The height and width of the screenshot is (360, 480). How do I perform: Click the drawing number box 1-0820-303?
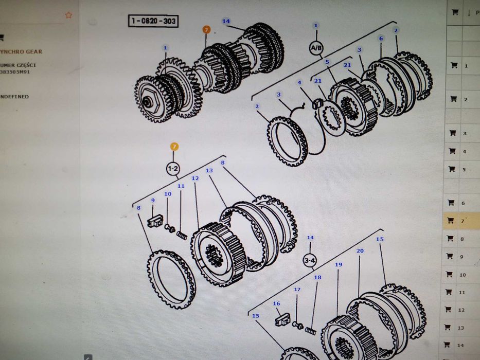(153, 22)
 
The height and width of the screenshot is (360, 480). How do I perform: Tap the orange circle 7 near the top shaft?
(206, 30)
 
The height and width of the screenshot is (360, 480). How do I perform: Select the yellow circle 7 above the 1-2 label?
(174, 147)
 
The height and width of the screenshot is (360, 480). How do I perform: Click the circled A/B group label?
(316, 48)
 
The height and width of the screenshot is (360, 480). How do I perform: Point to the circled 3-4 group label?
(310, 260)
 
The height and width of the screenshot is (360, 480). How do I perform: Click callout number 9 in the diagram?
(152, 200)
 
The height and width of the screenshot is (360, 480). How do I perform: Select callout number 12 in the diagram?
(195, 178)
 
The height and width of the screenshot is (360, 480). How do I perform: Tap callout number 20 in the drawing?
(360, 250)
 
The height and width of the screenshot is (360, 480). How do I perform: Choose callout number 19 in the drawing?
(338, 265)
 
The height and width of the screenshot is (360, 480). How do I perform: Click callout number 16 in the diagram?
(276, 304)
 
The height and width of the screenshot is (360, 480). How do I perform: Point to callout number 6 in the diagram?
(381, 39)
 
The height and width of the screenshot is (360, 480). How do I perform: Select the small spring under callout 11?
(182, 235)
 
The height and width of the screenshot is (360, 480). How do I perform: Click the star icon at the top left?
(68, 15)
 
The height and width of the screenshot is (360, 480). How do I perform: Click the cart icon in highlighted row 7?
(451, 220)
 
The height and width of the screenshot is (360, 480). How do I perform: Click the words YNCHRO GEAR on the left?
(21, 52)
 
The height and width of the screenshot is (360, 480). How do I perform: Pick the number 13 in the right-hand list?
(461, 328)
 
